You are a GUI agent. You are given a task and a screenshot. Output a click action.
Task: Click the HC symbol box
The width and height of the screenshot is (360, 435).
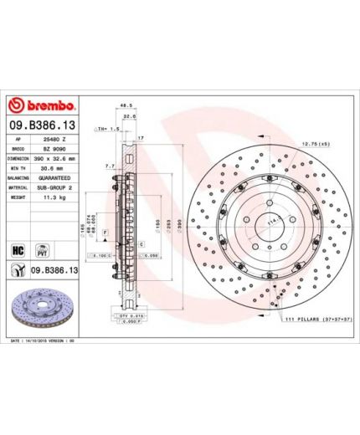click(18, 248)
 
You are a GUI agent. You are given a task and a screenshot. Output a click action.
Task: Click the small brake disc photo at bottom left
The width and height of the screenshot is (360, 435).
click(42, 310)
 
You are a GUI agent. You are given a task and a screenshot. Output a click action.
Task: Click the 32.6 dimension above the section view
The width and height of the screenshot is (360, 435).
click(130, 117)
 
